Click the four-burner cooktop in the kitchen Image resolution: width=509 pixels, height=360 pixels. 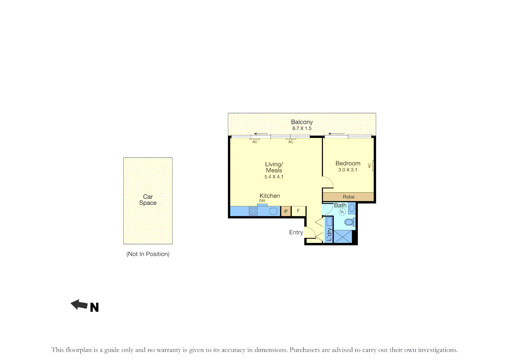(253, 211)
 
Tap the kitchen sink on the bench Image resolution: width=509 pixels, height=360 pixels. (273, 211)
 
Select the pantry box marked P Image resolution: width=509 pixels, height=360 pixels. (286, 211)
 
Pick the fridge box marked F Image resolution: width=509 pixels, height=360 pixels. (298, 211)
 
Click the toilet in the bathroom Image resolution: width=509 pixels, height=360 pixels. (350, 222)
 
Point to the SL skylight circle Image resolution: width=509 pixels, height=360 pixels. (342, 212)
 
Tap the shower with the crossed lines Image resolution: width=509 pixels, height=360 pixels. (343, 236)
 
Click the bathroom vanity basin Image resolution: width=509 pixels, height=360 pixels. (352, 208)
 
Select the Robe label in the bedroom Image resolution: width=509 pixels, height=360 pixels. (349, 197)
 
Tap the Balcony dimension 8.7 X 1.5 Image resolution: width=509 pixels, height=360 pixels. (302, 128)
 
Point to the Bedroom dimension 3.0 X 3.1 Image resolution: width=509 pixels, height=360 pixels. (348, 170)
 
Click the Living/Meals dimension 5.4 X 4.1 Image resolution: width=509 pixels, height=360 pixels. (274, 177)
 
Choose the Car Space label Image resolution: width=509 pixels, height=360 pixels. (148, 200)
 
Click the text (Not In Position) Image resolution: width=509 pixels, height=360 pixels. (148, 254)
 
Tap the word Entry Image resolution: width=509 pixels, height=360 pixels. (296, 232)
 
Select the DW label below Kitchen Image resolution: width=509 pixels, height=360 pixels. (262, 201)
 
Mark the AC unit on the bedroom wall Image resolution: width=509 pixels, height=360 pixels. (373, 166)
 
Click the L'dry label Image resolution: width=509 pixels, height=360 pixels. (329, 234)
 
